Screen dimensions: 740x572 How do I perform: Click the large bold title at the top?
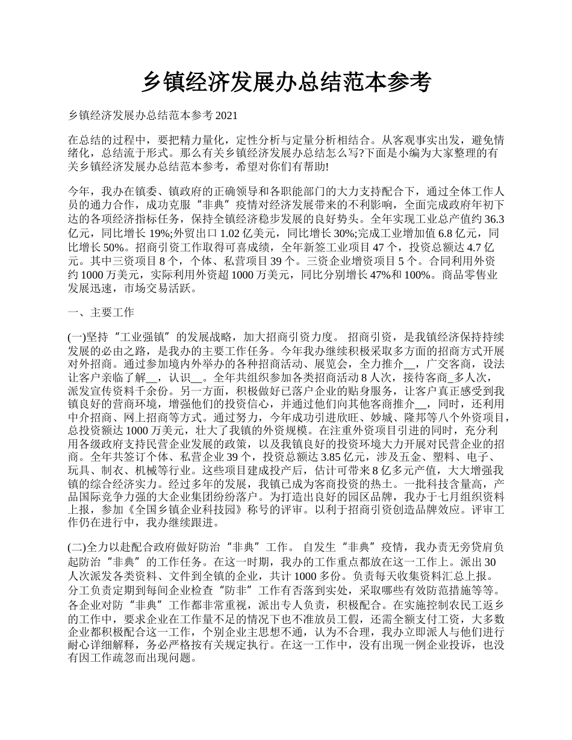click(x=286, y=82)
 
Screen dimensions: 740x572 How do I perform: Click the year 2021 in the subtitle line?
click(x=226, y=115)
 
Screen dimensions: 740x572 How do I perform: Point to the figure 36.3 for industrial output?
click(x=494, y=218)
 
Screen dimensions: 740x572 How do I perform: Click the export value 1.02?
click(x=235, y=233)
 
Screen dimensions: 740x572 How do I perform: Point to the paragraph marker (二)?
click(x=77, y=549)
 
